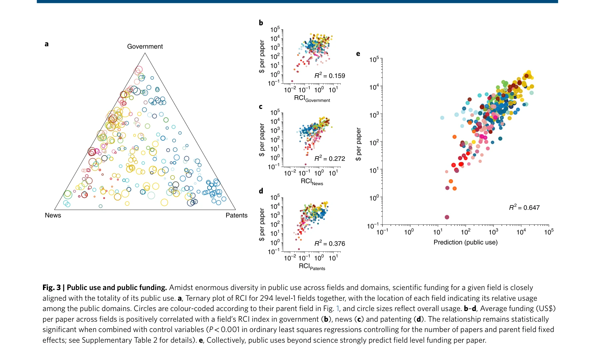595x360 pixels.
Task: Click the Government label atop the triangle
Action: [x=145, y=47]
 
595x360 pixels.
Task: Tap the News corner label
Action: [x=53, y=215]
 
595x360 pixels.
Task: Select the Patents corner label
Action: [x=237, y=215]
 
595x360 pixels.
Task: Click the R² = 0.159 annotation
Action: [x=329, y=76]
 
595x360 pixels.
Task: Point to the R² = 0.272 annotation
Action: [x=329, y=159]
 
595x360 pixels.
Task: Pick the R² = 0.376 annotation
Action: [x=329, y=243]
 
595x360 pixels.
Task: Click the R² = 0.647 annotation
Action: [x=524, y=207]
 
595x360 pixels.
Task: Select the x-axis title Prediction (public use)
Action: [x=465, y=242]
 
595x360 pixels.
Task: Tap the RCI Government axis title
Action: [x=312, y=98]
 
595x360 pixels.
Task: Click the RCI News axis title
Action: [x=312, y=181]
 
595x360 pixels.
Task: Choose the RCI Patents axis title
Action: [x=312, y=266]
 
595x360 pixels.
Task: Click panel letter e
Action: [x=358, y=54]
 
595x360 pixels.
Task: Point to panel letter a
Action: [x=47, y=44]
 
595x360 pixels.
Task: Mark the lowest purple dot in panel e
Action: [x=447, y=217]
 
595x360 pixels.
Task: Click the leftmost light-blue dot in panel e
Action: [x=442, y=118]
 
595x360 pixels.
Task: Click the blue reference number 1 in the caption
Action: [x=337, y=309]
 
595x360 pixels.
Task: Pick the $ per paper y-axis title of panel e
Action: [x=358, y=144]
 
